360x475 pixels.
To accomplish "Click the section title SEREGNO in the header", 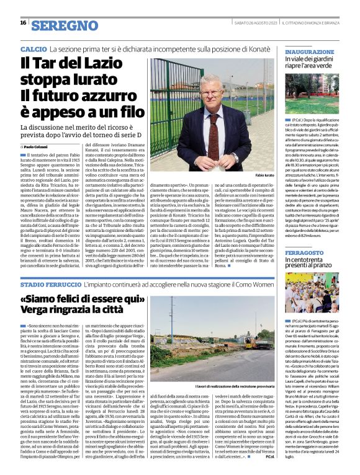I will tap(62, 25).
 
